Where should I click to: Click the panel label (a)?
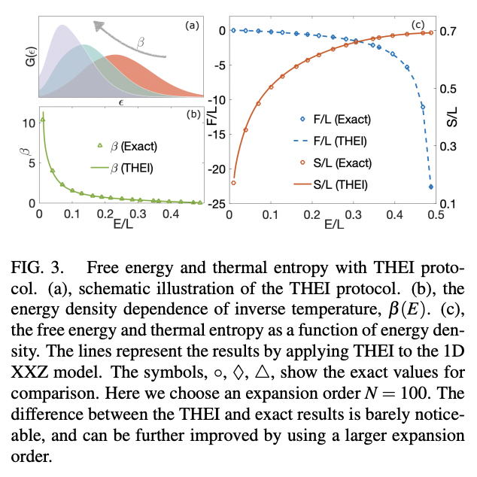pos(193,26)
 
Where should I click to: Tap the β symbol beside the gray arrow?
pos(141,44)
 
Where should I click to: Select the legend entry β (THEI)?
pos(120,167)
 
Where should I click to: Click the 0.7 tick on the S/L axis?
pos(450,32)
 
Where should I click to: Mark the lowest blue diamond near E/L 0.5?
pos(431,187)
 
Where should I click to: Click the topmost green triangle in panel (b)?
pos(43,120)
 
